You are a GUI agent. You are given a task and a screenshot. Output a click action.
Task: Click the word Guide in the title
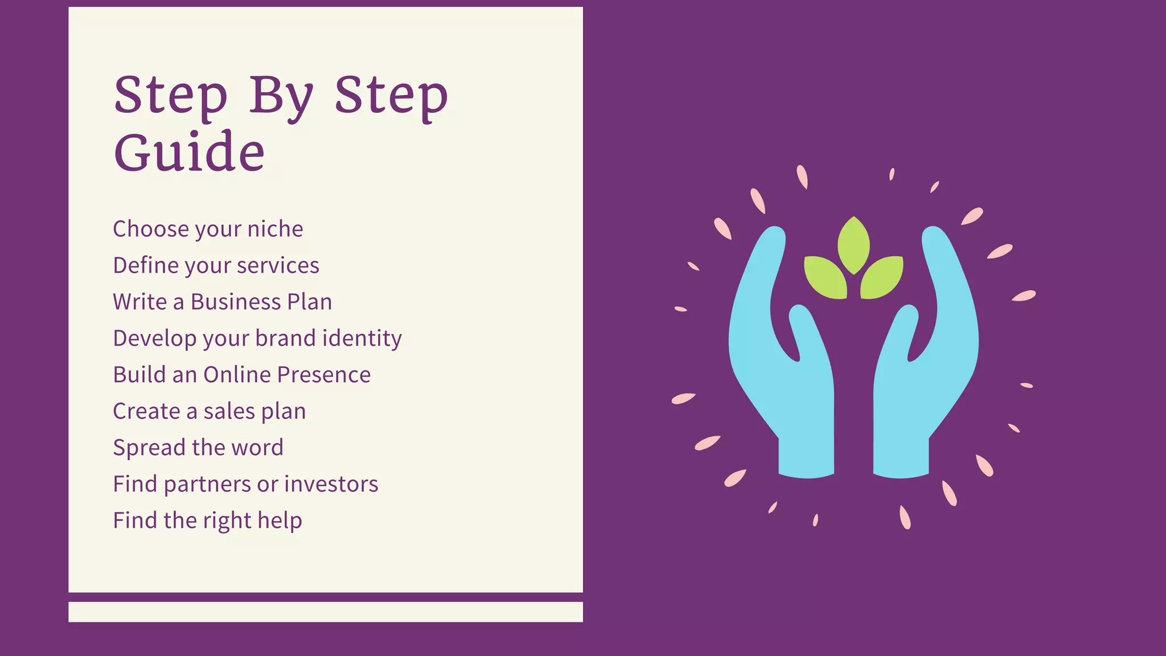pyautogui.click(x=189, y=153)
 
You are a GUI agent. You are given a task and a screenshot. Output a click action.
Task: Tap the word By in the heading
pyautogui.click(x=281, y=96)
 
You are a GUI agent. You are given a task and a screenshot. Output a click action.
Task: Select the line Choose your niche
pyautogui.click(x=208, y=229)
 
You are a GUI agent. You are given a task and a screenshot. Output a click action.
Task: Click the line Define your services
pyautogui.click(x=216, y=265)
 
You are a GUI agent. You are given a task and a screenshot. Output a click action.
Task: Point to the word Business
pyautogui.click(x=235, y=302)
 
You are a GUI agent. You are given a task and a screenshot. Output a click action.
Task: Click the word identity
pyautogui.click(x=362, y=338)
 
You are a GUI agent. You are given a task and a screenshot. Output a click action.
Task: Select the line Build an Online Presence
pyautogui.click(x=241, y=375)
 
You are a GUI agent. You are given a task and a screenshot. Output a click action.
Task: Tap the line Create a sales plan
pyautogui.click(x=209, y=411)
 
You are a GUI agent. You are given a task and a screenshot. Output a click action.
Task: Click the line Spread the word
pyautogui.click(x=198, y=448)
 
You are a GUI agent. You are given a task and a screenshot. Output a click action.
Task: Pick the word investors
pyautogui.click(x=331, y=484)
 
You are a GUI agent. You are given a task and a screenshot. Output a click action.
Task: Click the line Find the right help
pyautogui.click(x=207, y=520)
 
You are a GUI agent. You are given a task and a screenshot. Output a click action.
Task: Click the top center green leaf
pyautogui.click(x=853, y=245)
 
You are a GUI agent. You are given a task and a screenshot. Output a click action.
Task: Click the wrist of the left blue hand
pyautogui.click(x=806, y=456)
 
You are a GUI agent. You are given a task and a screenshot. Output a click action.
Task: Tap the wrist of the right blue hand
pyautogui.click(x=901, y=456)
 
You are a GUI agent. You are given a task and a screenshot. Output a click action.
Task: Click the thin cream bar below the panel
pyautogui.click(x=325, y=612)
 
